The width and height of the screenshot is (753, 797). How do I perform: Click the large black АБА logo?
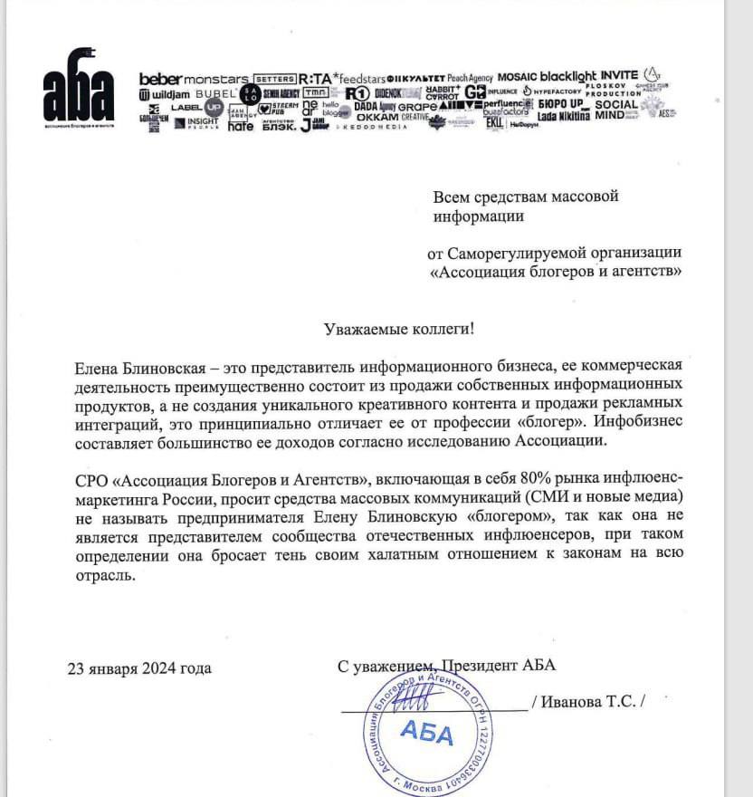[x=79, y=94]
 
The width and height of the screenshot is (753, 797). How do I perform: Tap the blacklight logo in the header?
[x=568, y=77]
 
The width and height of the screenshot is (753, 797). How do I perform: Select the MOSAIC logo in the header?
[x=516, y=78]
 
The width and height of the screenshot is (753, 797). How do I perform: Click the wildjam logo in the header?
[x=165, y=94]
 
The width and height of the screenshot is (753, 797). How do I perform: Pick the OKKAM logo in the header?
[x=377, y=118]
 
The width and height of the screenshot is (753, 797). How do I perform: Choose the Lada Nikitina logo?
[x=563, y=117]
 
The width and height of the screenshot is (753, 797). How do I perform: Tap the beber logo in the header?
[x=160, y=79]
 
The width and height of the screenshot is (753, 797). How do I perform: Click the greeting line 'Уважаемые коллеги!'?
[x=399, y=330]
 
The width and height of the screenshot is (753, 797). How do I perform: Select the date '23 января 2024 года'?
[x=139, y=668]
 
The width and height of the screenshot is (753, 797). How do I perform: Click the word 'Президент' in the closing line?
[x=476, y=666]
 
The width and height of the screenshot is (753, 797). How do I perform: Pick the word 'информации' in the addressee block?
[x=478, y=216]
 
